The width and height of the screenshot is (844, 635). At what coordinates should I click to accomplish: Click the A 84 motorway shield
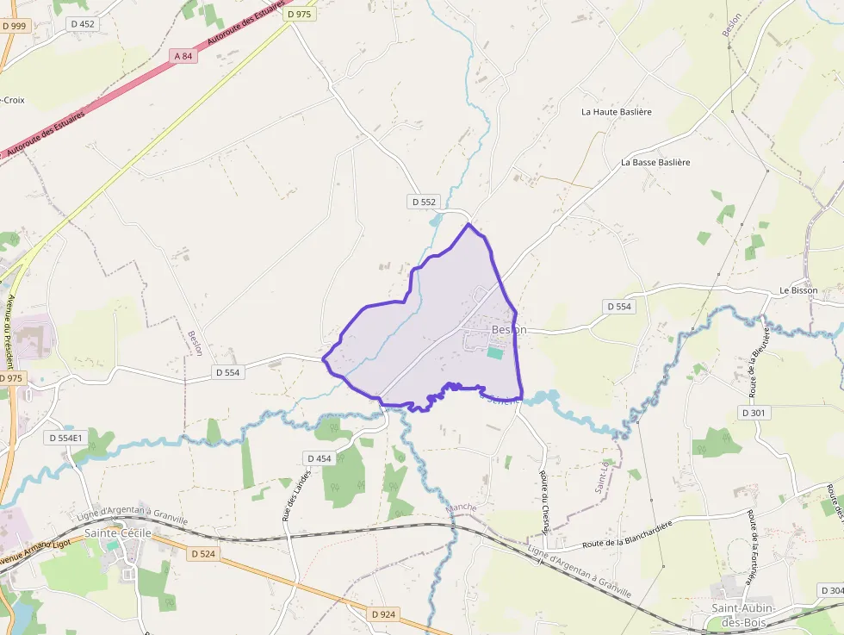click(x=183, y=56)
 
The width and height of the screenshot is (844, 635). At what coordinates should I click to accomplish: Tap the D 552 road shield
click(x=424, y=202)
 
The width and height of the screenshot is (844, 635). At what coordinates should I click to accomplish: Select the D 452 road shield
click(x=83, y=24)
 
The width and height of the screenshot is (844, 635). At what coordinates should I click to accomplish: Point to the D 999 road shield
click(x=14, y=26)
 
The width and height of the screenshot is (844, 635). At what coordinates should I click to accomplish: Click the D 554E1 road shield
click(x=65, y=438)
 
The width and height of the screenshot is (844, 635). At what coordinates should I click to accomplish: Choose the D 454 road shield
click(x=318, y=458)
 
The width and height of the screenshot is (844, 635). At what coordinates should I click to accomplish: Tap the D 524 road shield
click(x=203, y=553)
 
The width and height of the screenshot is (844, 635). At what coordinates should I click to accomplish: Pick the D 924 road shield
click(x=384, y=614)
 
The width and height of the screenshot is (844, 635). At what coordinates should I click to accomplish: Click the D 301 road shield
click(x=752, y=413)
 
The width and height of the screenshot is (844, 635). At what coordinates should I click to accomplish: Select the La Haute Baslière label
click(x=616, y=112)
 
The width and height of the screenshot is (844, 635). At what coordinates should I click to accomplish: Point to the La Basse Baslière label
click(x=655, y=162)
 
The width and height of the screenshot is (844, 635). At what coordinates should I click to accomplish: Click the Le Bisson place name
click(x=797, y=290)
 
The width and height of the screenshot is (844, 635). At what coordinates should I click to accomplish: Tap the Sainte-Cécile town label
click(x=117, y=533)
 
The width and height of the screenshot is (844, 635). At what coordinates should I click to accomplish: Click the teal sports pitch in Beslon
click(x=494, y=352)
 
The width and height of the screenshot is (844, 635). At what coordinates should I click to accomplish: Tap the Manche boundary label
click(x=462, y=507)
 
